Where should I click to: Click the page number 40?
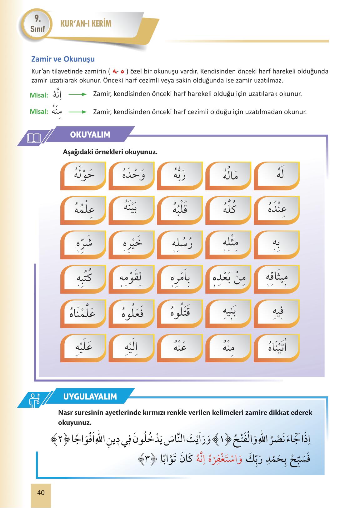(41, 493)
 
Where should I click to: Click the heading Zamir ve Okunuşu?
(63, 59)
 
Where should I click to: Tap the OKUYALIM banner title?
(90, 135)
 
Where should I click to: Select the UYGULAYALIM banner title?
(90, 396)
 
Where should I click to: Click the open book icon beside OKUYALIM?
(34, 138)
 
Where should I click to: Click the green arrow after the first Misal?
(77, 94)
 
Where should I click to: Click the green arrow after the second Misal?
(77, 112)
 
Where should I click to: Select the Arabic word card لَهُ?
(277, 175)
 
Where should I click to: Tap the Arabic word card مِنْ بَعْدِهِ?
(228, 279)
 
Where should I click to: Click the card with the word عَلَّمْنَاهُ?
(83, 313)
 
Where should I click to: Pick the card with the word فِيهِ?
(277, 313)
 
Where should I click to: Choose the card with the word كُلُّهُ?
(228, 210)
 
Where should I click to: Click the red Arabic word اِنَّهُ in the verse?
(197, 459)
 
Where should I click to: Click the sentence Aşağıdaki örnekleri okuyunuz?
(110, 152)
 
